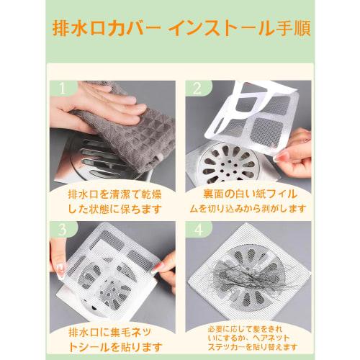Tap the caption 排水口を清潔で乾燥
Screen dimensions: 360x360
tap(113, 196)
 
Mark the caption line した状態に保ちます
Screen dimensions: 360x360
tap(113, 211)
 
